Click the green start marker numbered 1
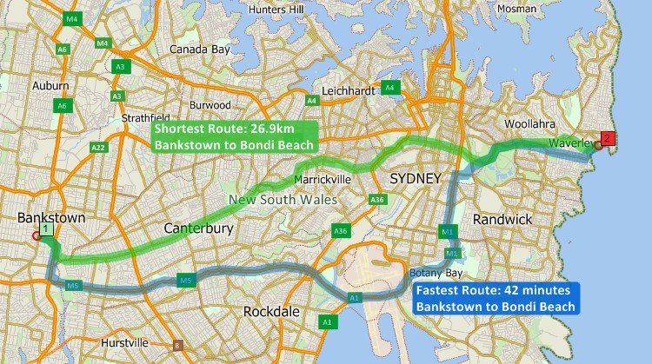(46, 229)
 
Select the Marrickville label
(322, 180)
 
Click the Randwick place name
(502, 220)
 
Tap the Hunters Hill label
(275, 9)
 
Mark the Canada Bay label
(199, 50)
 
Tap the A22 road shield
(98, 148)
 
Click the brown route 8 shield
(178, 345)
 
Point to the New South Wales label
(283, 200)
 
